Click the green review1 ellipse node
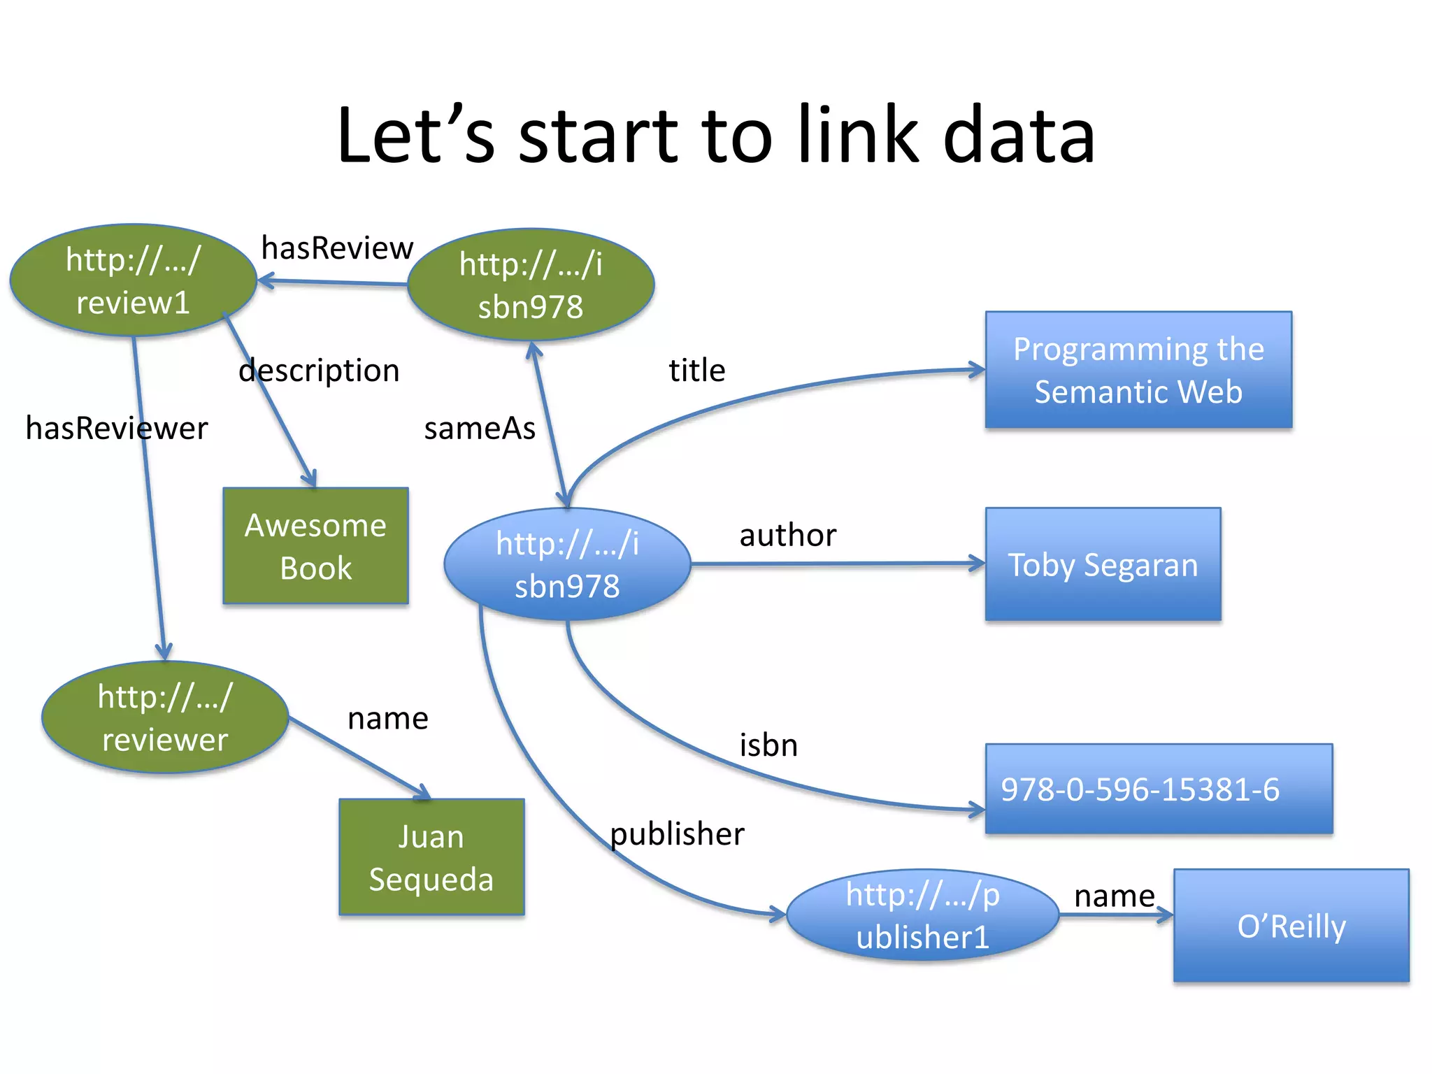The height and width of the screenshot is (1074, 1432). [133, 280]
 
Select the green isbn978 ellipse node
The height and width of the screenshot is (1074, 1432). [531, 285]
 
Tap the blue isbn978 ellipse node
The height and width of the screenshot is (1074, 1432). [567, 564]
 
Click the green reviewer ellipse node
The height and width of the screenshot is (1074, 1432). [165, 717]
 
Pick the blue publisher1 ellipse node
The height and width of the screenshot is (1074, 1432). [922, 915]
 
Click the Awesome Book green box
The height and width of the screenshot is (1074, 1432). [315, 546]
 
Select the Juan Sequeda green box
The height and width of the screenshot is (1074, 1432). [431, 857]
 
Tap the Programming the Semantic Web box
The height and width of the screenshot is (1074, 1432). [1138, 370]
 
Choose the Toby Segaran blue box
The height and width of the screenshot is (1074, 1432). [1103, 564]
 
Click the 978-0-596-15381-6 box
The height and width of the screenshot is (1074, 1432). [1159, 789]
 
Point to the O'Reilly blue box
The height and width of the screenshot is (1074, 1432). [1291, 926]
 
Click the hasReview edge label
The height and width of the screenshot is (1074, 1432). [337, 248]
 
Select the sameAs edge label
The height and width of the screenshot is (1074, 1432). [480, 428]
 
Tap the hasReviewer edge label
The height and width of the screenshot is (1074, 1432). [117, 428]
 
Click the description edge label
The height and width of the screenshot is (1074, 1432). [319, 371]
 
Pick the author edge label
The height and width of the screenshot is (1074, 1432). [788, 536]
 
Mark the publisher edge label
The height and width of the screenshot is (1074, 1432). [677, 834]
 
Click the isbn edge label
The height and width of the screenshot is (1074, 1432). [768, 745]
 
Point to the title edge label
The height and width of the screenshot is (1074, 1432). [696, 370]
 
